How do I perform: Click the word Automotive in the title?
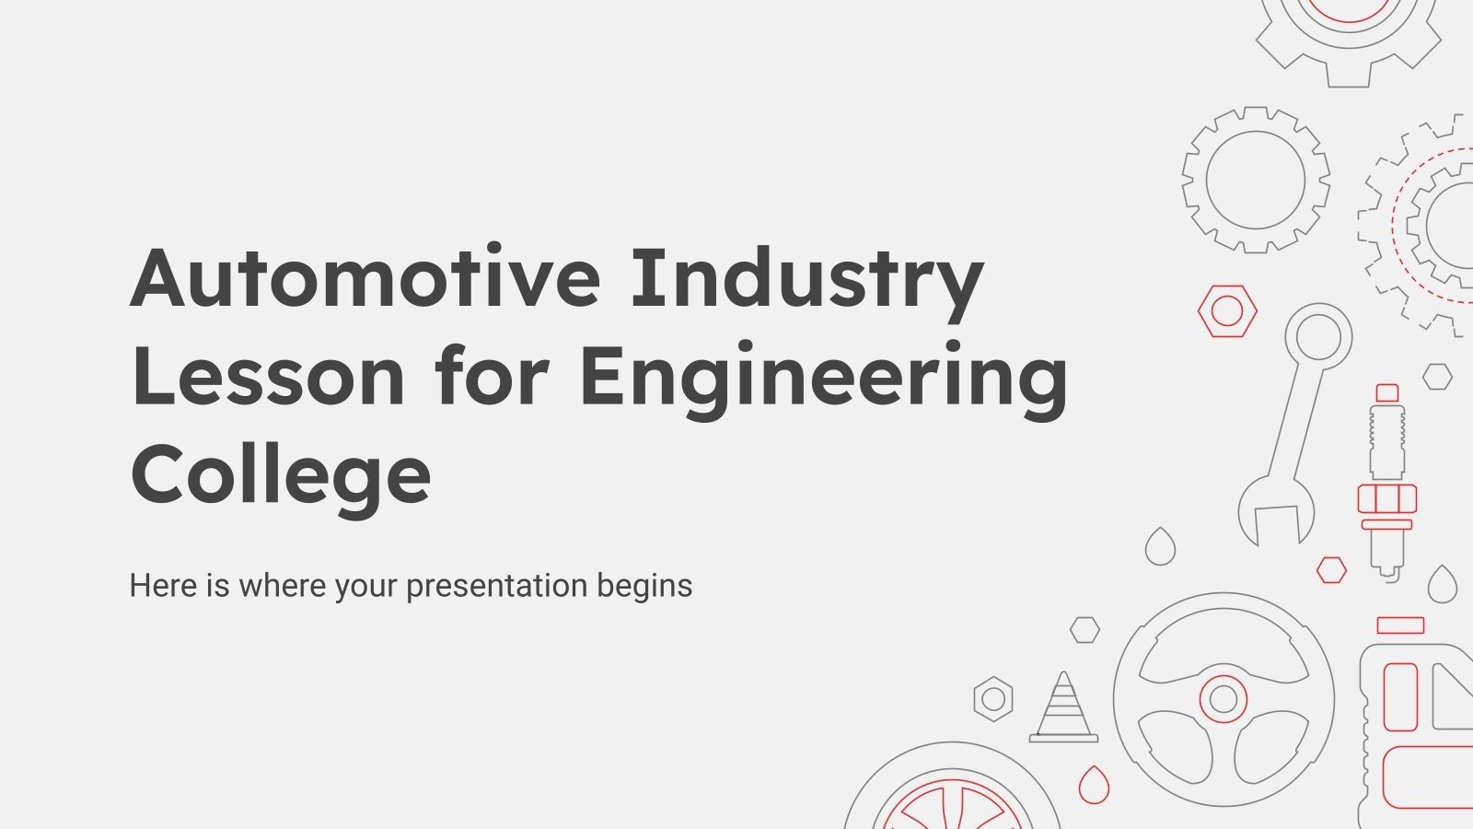(x=366, y=279)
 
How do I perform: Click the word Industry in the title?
(x=807, y=279)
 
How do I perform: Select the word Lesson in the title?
(x=268, y=378)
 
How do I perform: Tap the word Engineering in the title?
(x=824, y=378)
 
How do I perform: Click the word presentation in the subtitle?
(x=496, y=586)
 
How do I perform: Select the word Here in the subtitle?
(x=162, y=586)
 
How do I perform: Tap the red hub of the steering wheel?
(x=1224, y=699)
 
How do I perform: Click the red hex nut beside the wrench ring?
(x=1227, y=311)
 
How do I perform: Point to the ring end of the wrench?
(x=1318, y=333)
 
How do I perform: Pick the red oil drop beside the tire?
(x=1094, y=785)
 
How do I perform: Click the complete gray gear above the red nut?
(x=1256, y=180)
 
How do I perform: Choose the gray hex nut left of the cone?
(x=993, y=699)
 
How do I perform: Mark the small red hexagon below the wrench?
(x=1331, y=570)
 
